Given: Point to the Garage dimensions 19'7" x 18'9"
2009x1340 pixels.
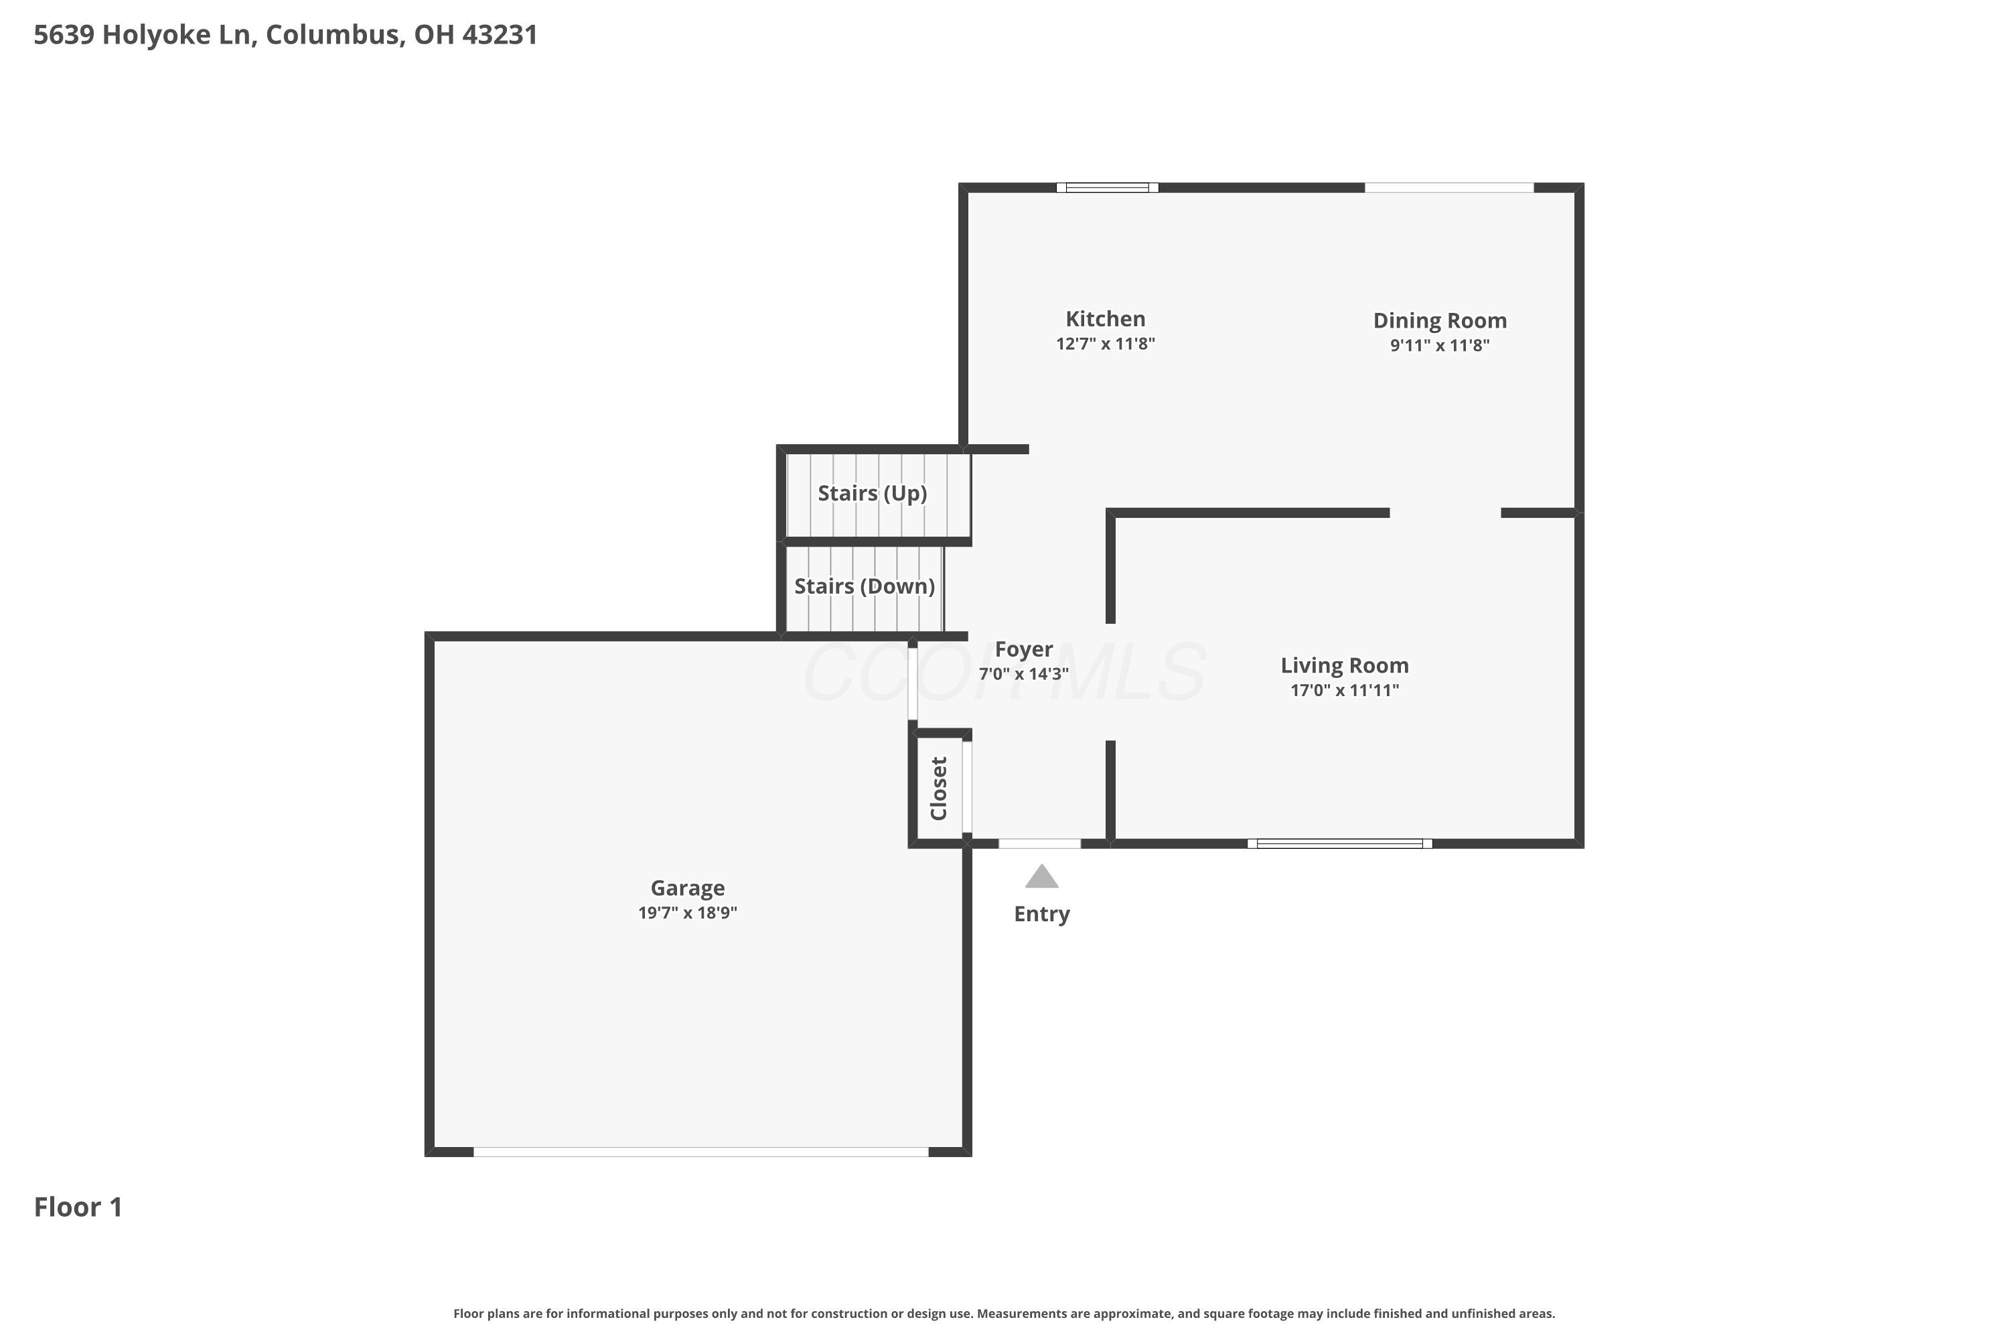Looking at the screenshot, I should pos(687,913).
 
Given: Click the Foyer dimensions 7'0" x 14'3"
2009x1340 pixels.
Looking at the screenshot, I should pos(1023,673).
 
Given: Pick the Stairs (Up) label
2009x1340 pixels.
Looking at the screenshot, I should pos(872,493).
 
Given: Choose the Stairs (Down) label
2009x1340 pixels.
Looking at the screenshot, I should pos(864,586).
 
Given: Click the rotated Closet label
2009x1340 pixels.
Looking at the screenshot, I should pos(939,788).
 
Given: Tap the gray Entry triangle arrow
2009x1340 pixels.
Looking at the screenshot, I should pos(1041,878).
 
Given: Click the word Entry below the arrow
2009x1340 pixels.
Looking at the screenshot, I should pos(1041,914).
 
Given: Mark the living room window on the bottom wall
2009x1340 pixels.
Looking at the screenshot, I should pos(1339,844).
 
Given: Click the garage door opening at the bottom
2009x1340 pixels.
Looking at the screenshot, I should pos(700,1152).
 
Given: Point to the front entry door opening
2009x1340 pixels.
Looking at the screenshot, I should pos(1039,844).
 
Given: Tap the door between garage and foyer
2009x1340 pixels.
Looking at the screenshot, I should pos(912,683).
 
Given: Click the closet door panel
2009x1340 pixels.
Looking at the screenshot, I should pos(967,786).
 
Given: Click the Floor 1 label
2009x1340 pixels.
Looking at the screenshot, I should pos(78,1207).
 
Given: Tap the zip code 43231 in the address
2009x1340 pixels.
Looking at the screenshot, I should pos(500,34).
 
